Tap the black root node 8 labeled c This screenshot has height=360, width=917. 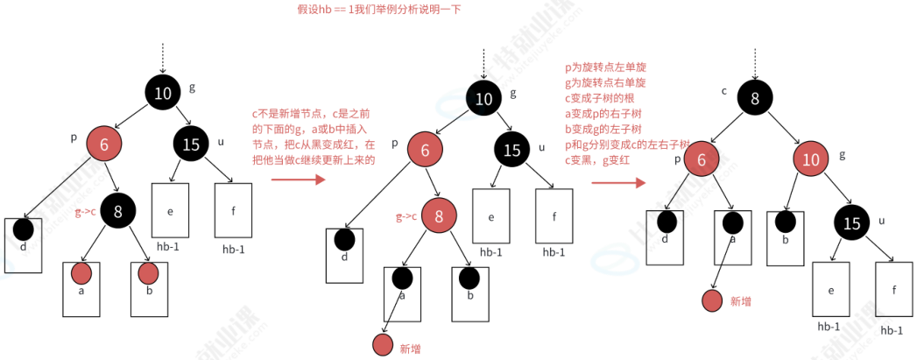(755, 98)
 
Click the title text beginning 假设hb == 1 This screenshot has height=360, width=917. (378, 10)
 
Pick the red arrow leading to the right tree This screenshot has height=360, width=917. (618, 184)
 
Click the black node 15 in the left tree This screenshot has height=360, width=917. (191, 145)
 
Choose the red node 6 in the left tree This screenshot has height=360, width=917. (104, 145)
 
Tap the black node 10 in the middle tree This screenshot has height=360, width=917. (484, 99)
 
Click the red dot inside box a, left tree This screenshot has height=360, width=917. (81, 272)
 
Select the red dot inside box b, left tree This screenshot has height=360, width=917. (149, 273)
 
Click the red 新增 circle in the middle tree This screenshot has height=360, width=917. (382, 344)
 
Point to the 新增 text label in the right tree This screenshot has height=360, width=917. (740, 300)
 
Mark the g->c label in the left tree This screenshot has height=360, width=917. (85, 212)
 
